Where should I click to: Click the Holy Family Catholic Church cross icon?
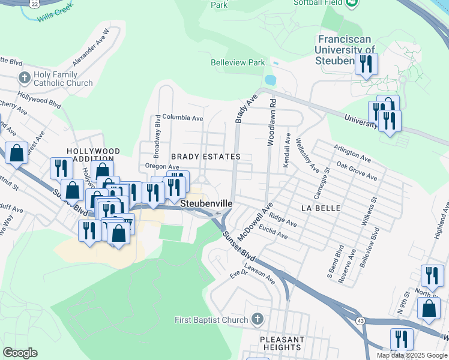click(25, 78)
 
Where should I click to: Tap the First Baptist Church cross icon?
click(258, 319)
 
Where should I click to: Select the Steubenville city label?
click(206, 204)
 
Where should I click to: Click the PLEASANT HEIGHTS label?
click(282, 343)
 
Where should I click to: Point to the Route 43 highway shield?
click(360, 322)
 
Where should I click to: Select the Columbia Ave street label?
click(182, 118)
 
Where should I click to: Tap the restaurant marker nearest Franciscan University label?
click(366, 64)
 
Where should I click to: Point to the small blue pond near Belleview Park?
click(270, 80)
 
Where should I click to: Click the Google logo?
click(20, 353)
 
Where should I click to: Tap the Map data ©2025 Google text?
click(411, 355)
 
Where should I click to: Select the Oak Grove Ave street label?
click(357, 170)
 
